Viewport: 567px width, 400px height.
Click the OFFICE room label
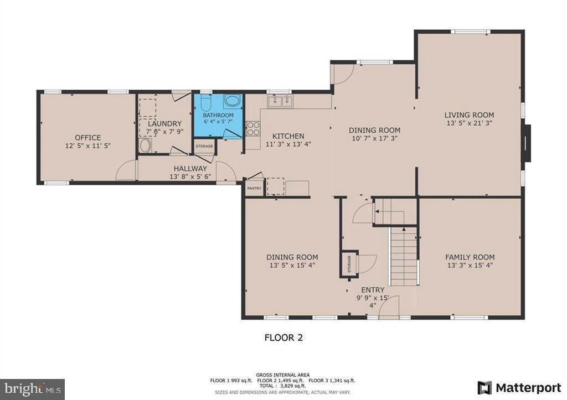tap(88, 138)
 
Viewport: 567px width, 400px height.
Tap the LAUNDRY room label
tap(164, 123)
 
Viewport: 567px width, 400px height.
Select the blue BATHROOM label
tap(218, 115)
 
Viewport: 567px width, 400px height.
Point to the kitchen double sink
tap(280, 101)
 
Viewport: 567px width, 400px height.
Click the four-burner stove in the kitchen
tap(253, 128)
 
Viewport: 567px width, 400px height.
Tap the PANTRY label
tap(254, 188)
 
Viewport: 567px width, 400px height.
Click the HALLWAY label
tap(190, 168)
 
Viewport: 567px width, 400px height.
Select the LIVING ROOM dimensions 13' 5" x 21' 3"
tap(468, 123)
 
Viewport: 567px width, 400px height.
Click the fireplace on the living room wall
tap(528, 143)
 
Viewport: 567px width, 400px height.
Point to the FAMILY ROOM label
tap(470, 257)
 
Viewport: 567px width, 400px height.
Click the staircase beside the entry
tap(404, 256)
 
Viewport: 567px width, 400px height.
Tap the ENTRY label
tap(373, 290)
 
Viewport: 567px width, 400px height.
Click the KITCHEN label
tap(288, 136)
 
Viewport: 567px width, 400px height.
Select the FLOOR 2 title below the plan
tap(283, 337)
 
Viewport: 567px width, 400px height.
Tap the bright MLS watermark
tap(33, 389)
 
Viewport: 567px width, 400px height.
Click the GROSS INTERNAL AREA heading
tap(283, 375)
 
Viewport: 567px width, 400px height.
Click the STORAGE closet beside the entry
tap(349, 264)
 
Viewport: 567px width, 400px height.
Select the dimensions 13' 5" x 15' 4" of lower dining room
tap(292, 265)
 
